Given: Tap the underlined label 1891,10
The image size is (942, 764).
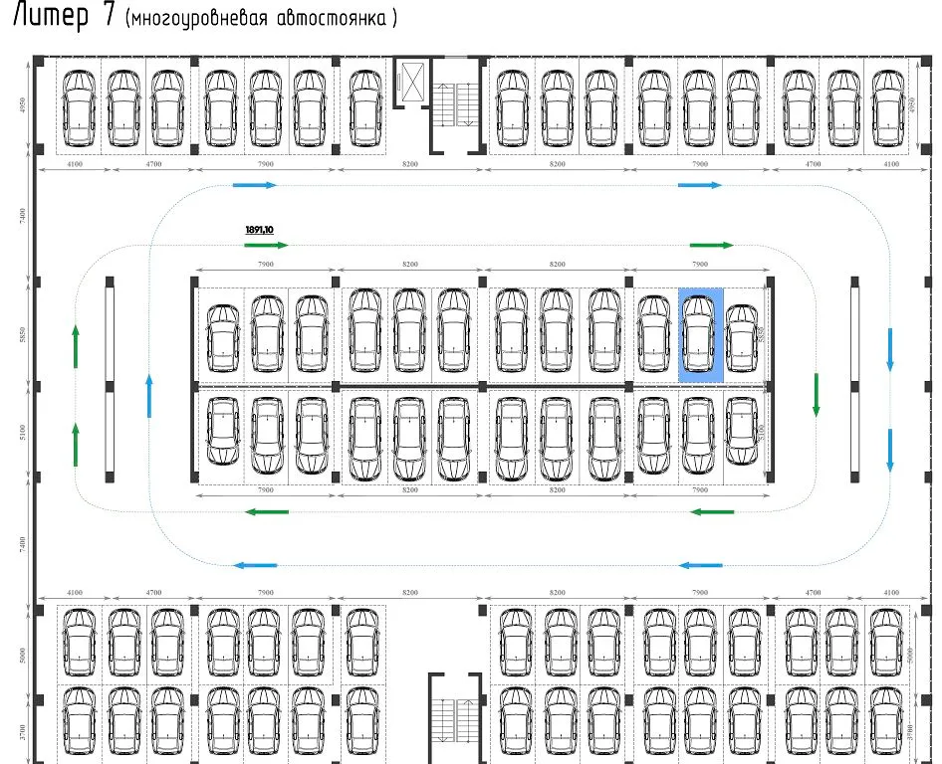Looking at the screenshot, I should click(259, 230).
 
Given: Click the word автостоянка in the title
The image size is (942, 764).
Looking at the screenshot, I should click(337, 19).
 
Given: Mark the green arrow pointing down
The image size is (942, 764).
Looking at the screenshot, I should click(816, 394).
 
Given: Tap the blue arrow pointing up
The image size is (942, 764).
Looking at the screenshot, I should click(149, 395).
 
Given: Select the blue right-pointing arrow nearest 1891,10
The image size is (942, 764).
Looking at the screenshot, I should click(254, 185).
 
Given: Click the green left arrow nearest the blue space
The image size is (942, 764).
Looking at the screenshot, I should click(712, 512).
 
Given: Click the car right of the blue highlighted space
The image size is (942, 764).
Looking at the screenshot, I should click(741, 336).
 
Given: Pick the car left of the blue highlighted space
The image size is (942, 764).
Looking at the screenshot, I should click(653, 334).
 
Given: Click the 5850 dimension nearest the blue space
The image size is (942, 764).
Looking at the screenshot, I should click(760, 333).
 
